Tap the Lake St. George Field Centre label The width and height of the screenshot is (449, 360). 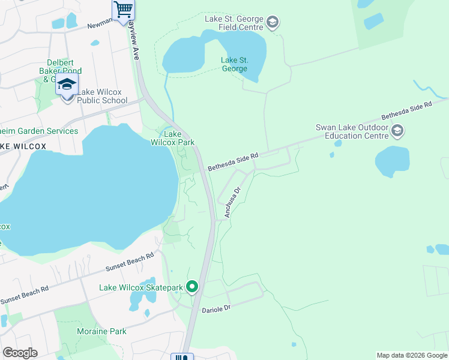click(234, 23)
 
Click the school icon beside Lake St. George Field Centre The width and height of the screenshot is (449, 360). click(273, 23)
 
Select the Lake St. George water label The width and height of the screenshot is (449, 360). click(234, 64)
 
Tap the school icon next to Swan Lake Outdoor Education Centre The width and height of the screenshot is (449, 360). click(397, 130)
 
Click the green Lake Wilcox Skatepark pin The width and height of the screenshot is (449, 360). click(192, 287)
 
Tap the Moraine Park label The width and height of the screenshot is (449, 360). click(101, 331)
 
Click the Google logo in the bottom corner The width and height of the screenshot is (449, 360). click(20, 353)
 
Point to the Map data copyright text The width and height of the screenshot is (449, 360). click(412, 355)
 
